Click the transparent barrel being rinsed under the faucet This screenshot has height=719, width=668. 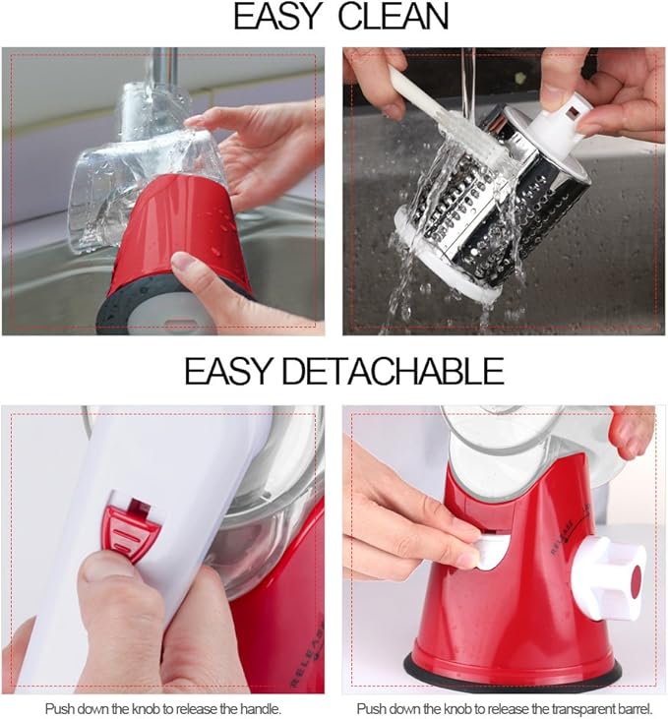148,177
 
